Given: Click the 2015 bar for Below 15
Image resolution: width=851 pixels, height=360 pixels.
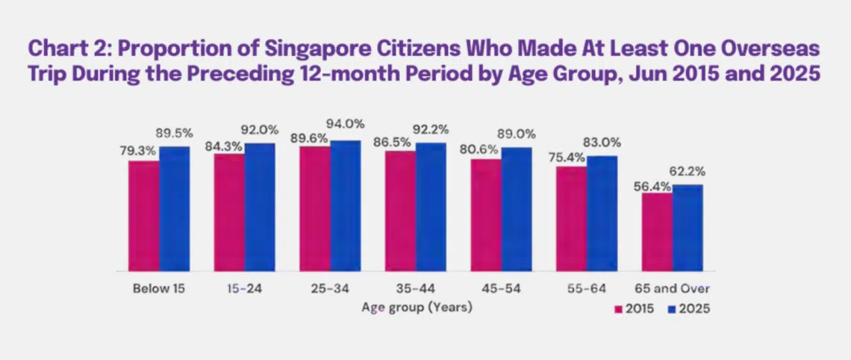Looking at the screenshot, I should [143, 216].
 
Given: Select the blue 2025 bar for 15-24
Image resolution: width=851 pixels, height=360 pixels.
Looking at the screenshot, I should [260, 207].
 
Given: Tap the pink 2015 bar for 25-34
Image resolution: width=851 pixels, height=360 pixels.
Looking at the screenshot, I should [315, 208].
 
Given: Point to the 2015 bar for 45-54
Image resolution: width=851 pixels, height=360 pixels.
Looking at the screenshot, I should [486, 215].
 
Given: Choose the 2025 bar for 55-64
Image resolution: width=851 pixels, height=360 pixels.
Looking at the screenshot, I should [602, 213].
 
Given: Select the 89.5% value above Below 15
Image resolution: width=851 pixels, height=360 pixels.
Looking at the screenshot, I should [176, 133].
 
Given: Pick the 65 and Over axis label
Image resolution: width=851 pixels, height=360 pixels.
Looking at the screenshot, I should [672, 288].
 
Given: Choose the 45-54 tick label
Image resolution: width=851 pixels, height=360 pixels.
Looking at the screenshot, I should [500, 288].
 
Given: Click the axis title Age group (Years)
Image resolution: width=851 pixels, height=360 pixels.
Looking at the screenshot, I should [417, 307].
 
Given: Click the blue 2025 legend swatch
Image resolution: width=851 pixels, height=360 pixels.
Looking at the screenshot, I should [670, 308].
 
